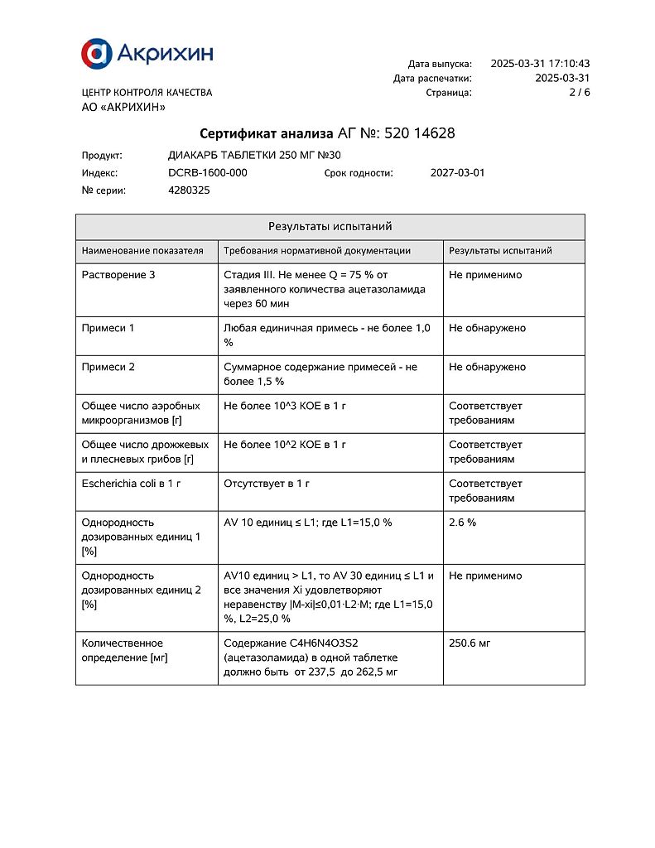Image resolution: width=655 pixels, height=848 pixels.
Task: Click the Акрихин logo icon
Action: click(x=96, y=54)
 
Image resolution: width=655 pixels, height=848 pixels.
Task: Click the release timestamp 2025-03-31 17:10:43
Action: click(x=540, y=64)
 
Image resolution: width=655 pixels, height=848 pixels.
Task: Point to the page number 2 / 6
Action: click(x=580, y=93)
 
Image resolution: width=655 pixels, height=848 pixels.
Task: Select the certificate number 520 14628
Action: click(x=415, y=133)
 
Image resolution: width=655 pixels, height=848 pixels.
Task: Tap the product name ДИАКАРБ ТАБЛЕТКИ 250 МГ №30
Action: click(x=254, y=155)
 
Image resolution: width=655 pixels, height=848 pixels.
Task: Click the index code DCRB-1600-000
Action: click(x=207, y=173)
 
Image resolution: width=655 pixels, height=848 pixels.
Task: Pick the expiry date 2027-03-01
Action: click(x=458, y=173)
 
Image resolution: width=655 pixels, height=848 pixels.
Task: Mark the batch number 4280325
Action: click(x=189, y=190)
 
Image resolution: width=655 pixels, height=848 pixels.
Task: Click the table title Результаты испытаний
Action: click(x=330, y=227)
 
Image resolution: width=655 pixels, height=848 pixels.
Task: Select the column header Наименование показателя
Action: click(x=142, y=251)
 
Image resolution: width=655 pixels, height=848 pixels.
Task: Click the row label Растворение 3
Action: click(x=118, y=275)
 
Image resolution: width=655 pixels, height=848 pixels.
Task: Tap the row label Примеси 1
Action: click(x=108, y=328)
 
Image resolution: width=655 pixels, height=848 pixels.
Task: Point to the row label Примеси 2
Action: click(x=108, y=367)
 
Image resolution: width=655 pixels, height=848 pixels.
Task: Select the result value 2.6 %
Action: click(x=462, y=523)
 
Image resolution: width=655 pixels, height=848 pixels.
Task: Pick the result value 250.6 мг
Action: click(x=470, y=643)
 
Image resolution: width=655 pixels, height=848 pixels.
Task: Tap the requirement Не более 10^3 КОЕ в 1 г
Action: click(x=285, y=406)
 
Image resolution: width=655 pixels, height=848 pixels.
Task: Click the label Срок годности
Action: click(x=359, y=173)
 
